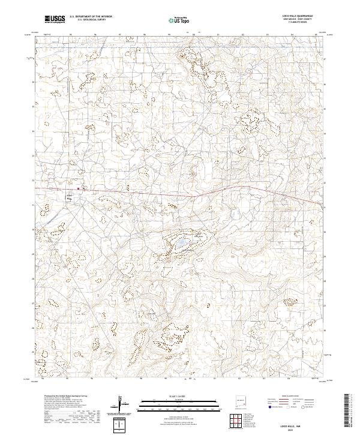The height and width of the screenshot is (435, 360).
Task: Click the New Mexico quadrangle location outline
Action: (245, 400)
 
